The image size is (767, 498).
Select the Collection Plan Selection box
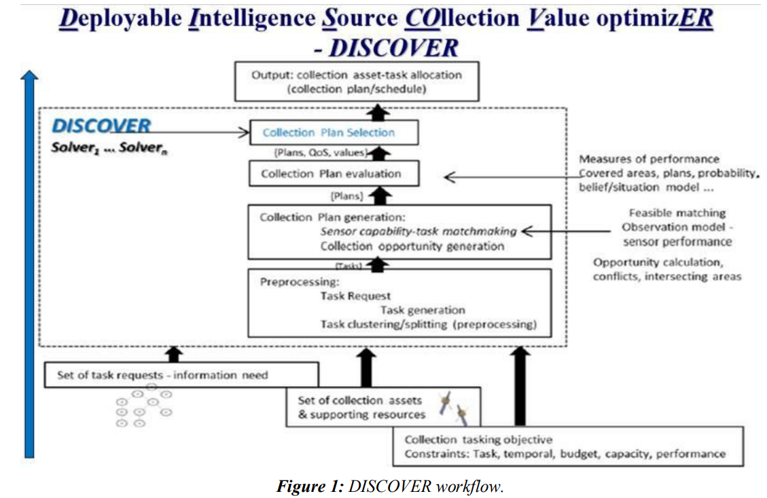click(333, 133)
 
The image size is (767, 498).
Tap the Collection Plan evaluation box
click(333, 174)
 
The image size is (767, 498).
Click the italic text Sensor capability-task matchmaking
click(418, 231)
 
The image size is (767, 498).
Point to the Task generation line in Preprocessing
click(423, 310)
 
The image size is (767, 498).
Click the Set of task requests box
click(181, 375)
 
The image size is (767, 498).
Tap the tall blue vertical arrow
click(28, 265)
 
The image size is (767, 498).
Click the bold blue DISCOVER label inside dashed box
click(101, 126)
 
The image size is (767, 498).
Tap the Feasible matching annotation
click(677, 213)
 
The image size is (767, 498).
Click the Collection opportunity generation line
click(412, 246)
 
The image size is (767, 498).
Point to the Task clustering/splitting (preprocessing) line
click(429, 324)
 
